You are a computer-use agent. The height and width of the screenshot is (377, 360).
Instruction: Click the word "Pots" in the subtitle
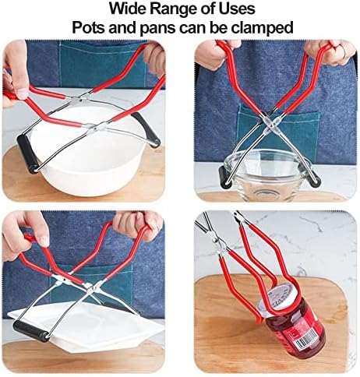point(89,27)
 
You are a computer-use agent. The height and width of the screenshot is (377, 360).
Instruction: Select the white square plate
point(86,326)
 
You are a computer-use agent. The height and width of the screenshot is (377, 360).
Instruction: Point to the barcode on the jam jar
point(306,341)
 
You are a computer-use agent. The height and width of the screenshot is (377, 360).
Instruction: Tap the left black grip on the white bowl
point(27,153)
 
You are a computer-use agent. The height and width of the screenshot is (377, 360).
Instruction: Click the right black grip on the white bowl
point(146,130)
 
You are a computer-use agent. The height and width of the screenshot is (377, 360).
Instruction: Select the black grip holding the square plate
point(31,330)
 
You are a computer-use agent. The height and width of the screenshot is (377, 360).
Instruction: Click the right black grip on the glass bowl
point(314,179)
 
